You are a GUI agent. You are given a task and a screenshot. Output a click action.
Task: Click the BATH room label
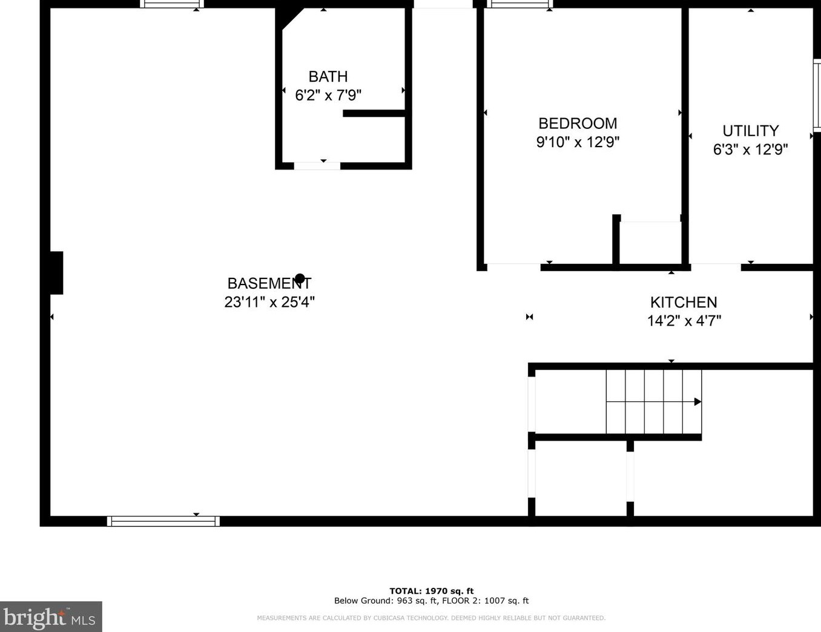coord(328,77)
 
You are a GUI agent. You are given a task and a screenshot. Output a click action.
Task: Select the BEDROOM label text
coord(578,123)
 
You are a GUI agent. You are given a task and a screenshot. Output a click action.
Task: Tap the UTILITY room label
coord(750,131)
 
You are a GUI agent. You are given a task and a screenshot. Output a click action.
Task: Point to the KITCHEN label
coord(684,302)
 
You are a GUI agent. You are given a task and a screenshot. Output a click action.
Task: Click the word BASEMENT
coord(269,283)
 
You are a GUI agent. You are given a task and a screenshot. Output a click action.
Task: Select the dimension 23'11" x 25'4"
coord(269,302)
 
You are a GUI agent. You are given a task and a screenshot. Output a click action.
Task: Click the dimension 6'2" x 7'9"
coord(328,96)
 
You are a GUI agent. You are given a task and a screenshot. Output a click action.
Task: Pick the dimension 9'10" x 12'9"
coord(578,142)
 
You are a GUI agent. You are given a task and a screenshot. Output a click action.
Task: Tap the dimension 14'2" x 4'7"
coord(684,321)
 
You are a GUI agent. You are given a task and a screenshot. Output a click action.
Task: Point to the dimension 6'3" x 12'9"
coord(750,150)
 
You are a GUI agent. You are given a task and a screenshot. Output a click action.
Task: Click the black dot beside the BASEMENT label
coord(300,278)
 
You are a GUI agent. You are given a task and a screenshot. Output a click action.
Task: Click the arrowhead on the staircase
coord(697,402)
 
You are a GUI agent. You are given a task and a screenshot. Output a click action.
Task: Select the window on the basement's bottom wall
coord(163,521)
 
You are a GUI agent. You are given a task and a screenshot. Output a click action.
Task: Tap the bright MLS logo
coord(50,617)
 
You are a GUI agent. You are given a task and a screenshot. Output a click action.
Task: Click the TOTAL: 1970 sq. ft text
coord(431,591)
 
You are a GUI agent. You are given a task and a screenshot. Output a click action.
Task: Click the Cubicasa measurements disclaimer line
coord(431,618)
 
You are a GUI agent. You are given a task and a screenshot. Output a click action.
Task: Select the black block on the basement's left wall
coord(56,273)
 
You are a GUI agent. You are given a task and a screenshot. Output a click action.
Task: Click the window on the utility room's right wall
coord(817,95)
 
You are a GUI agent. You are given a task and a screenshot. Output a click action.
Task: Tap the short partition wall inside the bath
coord(374,113)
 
